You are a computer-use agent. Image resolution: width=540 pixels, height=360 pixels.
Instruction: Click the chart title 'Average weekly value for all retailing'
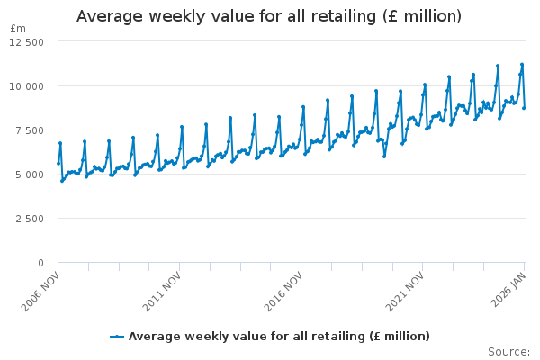269,16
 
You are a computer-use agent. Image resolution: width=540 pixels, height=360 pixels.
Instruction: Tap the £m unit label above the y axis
18,29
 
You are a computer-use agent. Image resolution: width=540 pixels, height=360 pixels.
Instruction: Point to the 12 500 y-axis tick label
25,41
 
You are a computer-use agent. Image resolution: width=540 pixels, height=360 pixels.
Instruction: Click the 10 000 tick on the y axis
25,85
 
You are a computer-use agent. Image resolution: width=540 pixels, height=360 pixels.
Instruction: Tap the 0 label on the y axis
40,262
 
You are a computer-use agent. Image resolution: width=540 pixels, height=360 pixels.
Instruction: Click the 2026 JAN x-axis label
509,287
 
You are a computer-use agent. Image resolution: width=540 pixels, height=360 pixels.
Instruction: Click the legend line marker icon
117,337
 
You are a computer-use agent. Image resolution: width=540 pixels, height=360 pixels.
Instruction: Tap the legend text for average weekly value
279,337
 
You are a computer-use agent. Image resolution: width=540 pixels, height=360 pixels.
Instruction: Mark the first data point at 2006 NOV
58,163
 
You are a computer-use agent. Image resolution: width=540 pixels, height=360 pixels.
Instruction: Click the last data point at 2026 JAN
524,108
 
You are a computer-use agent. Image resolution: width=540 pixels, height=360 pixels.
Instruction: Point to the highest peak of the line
522,65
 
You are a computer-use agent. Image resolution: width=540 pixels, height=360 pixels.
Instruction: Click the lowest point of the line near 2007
62,181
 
